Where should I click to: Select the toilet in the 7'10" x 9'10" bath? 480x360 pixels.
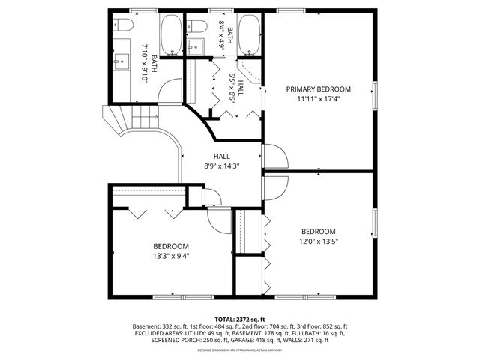pyautogui.click(x=124, y=25)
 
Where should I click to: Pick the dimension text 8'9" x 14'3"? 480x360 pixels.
pyautogui.click(x=221, y=166)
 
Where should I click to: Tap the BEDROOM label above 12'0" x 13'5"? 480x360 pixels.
pyautogui.click(x=319, y=231)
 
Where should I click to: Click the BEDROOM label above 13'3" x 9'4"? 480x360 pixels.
pyautogui.click(x=171, y=246)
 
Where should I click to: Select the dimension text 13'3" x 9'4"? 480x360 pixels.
pyautogui.click(x=171, y=256)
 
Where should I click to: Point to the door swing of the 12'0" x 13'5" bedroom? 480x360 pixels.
pyautogui.click(x=275, y=187)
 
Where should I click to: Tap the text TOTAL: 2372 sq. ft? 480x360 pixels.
pyautogui.click(x=240, y=319)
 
